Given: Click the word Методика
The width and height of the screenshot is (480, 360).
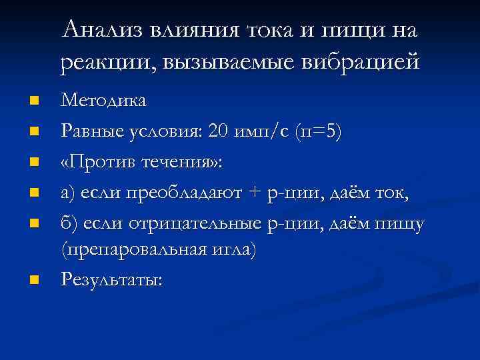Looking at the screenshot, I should click(104, 101).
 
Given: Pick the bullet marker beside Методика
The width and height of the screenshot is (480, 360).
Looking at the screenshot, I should click(33, 102).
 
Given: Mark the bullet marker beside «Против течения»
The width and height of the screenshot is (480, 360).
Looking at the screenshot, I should click(33, 161).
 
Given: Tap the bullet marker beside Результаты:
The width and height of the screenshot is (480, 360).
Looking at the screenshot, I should click(33, 279).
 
